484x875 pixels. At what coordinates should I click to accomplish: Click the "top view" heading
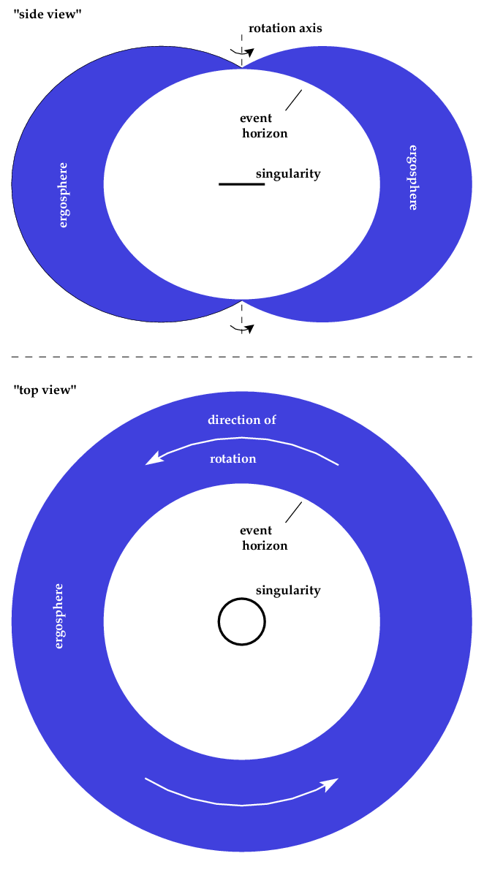(45, 390)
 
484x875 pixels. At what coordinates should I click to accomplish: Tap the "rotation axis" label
(285, 29)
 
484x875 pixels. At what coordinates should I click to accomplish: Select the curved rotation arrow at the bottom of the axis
(243, 329)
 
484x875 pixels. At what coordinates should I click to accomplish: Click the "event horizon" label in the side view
(263, 126)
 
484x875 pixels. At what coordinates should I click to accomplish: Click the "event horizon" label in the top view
(263, 538)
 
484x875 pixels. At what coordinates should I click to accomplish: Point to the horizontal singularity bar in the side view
(241, 185)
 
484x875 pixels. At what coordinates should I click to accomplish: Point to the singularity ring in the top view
(241, 600)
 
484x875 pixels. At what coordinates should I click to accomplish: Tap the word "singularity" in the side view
(288, 174)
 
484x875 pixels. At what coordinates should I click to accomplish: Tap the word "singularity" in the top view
(288, 590)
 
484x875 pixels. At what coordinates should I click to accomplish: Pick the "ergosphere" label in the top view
(58, 615)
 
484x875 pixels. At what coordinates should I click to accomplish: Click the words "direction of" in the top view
(242, 420)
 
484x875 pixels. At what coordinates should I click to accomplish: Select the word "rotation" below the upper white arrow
(232, 459)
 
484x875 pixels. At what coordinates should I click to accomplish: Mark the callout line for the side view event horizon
(294, 100)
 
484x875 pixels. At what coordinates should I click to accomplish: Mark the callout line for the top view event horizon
(294, 512)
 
